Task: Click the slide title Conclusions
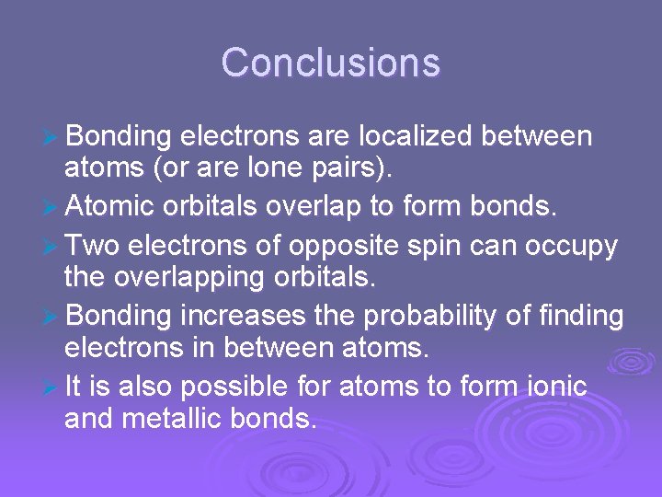click(331, 64)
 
